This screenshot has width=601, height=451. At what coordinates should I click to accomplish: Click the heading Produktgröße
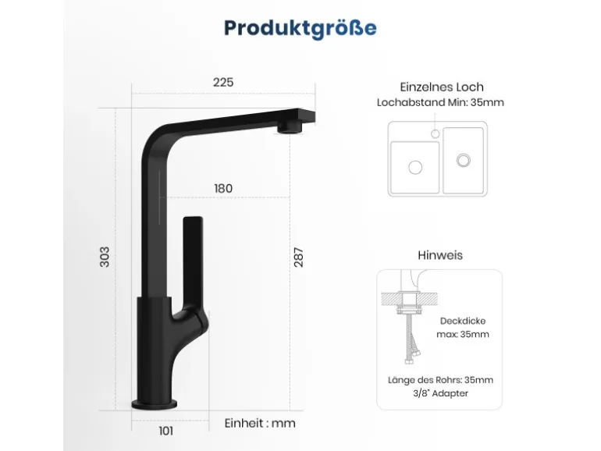pyautogui.click(x=300, y=28)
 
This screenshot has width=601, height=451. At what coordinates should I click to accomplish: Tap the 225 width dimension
pyautogui.click(x=223, y=83)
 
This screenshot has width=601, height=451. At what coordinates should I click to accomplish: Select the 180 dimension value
pyautogui.click(x=223, y=189)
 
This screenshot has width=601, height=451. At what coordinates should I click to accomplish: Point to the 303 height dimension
pyautogui.click(x=105, y=257)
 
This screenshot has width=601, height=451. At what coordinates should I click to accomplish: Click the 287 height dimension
pyautogui.click(x=299, y=257)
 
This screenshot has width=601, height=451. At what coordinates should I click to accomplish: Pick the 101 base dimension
pyautogui.click(x=166, y=431)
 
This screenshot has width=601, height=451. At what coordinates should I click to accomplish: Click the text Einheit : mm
pyautogui.click(x=260, y=424)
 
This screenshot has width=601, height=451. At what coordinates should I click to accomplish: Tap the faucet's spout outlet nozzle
pyautogui.click(x=290, y=127)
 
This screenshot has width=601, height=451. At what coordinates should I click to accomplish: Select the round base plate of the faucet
pyautogui.click(x=155, y=404)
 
